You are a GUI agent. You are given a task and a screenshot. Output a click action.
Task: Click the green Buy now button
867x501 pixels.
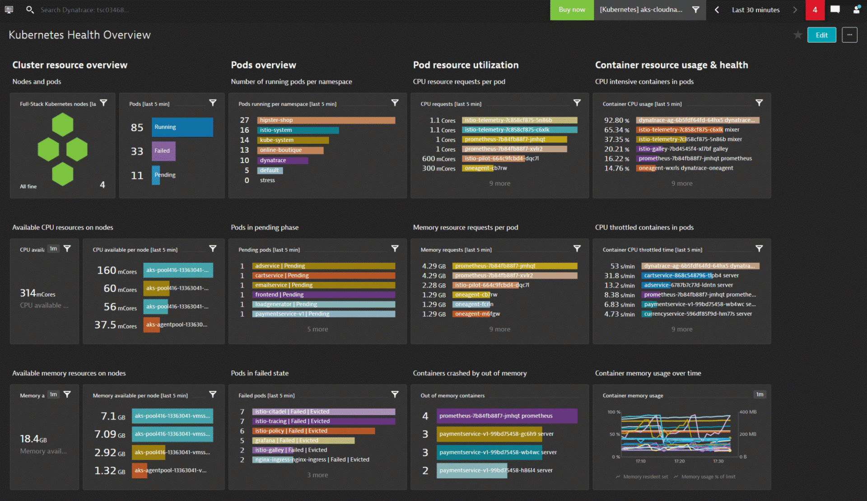click(571, 9)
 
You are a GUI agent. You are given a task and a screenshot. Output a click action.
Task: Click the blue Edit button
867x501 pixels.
click(821, 35)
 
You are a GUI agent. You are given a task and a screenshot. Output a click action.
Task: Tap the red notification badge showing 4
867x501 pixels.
click(815, 9)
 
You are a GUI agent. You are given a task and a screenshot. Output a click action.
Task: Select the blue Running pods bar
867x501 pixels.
click(183, 127)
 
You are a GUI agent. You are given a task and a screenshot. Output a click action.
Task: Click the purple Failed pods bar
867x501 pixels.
click(163, 151)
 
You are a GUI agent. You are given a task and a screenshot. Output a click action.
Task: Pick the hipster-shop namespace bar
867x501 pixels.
click(326, 120)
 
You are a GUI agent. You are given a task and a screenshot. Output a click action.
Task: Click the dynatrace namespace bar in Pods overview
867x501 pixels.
click(283, 160)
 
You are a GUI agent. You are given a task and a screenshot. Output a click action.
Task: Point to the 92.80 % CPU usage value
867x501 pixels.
click(616, 120)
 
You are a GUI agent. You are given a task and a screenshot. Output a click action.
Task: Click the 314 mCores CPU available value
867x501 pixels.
click(37, 293)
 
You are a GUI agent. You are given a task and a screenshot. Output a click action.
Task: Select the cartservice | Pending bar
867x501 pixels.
click(324, 276)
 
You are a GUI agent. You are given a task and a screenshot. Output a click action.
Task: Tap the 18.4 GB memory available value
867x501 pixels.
click(33, 439)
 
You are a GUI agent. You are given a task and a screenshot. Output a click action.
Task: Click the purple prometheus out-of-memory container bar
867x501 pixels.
click(507, 416)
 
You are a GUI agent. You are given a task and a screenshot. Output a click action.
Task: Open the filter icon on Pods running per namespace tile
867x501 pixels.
click(395, 103)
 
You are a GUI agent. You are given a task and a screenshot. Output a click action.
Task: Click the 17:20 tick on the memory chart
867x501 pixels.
click(679, 461)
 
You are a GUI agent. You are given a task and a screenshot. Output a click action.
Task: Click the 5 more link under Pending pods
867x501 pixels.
click(317, 329)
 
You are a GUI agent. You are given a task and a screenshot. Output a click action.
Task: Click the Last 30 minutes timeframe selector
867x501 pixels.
click(755, 9)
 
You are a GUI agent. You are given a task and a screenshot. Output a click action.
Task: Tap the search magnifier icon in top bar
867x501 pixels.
click(30, 9)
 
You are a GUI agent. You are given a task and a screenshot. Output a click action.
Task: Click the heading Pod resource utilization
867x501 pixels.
click(466, 65)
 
